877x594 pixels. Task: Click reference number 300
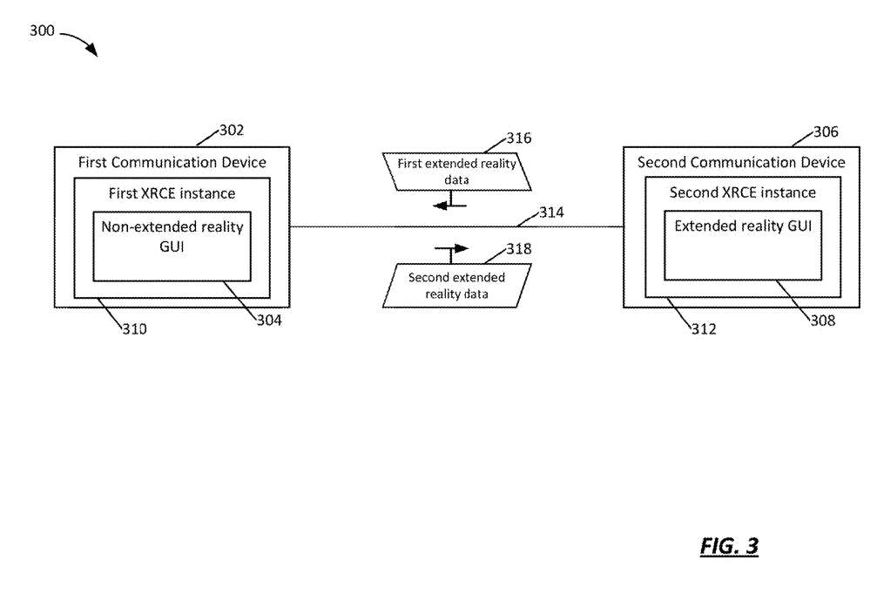pos(42,30)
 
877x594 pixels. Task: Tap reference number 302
pos(232,131)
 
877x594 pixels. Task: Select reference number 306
pos(826,132)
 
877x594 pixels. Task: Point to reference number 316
pos(518,138)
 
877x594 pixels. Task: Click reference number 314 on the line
pos(551,213)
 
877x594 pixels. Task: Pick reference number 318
pos(518,249)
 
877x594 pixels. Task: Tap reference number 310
pos(135,329)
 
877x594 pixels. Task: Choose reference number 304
pos(269,321)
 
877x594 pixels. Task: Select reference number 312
pos(704,329)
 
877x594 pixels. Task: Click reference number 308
pos(823,321)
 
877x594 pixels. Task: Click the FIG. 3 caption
pos(729,545)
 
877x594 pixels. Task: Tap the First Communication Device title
pos(172,162)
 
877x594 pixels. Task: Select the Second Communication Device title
pos(741,162)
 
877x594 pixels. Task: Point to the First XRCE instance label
pos(172,193)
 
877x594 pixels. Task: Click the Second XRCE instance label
pos(743,192)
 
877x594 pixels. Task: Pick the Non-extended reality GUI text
pos(172,237)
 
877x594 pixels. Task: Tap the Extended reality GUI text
pos(743,226)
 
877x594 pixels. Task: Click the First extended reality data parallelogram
pos(456,172)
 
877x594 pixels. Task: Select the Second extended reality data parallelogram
pos(456,286)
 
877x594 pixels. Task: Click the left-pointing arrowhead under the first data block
pos(440,206)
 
